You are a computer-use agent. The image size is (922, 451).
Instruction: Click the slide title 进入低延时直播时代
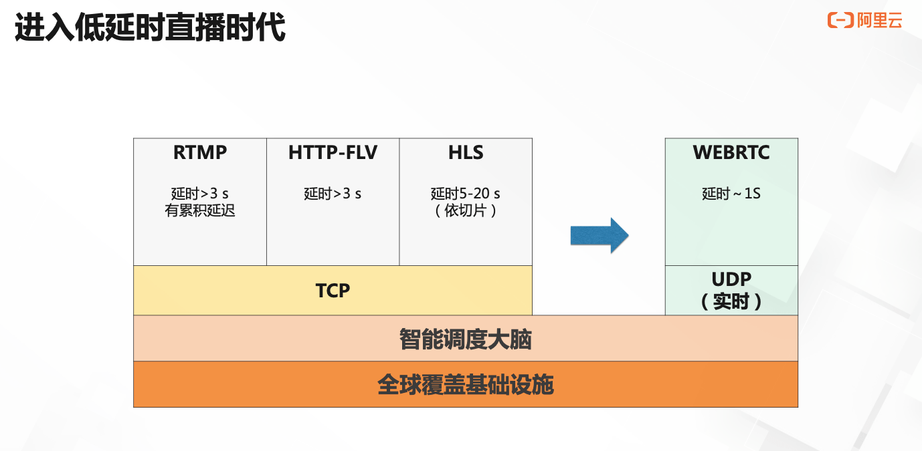150,27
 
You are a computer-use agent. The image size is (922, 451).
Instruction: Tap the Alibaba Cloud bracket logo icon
840,20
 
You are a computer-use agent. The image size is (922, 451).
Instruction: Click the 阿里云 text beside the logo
880,20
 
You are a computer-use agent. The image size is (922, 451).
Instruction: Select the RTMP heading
199,152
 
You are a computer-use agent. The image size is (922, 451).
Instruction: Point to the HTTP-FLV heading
333,152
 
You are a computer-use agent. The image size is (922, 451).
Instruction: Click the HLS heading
466,152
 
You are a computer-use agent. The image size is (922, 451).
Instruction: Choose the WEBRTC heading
731,152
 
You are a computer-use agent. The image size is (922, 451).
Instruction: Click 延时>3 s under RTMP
199,193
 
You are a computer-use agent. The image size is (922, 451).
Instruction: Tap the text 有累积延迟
199,210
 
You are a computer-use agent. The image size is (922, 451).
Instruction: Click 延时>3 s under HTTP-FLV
333,193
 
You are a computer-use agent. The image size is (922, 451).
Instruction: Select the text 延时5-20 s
466,193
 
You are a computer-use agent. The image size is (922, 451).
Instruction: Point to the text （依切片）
466,210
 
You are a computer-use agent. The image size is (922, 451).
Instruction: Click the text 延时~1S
731,193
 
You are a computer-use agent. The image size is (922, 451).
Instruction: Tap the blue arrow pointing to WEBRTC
600,236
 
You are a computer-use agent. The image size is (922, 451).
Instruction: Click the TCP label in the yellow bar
333,291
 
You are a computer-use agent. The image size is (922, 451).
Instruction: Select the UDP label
731,279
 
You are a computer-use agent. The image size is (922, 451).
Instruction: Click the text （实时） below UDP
731,301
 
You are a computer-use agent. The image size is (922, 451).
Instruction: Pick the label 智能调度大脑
466,339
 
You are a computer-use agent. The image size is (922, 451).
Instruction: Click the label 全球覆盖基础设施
466,385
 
